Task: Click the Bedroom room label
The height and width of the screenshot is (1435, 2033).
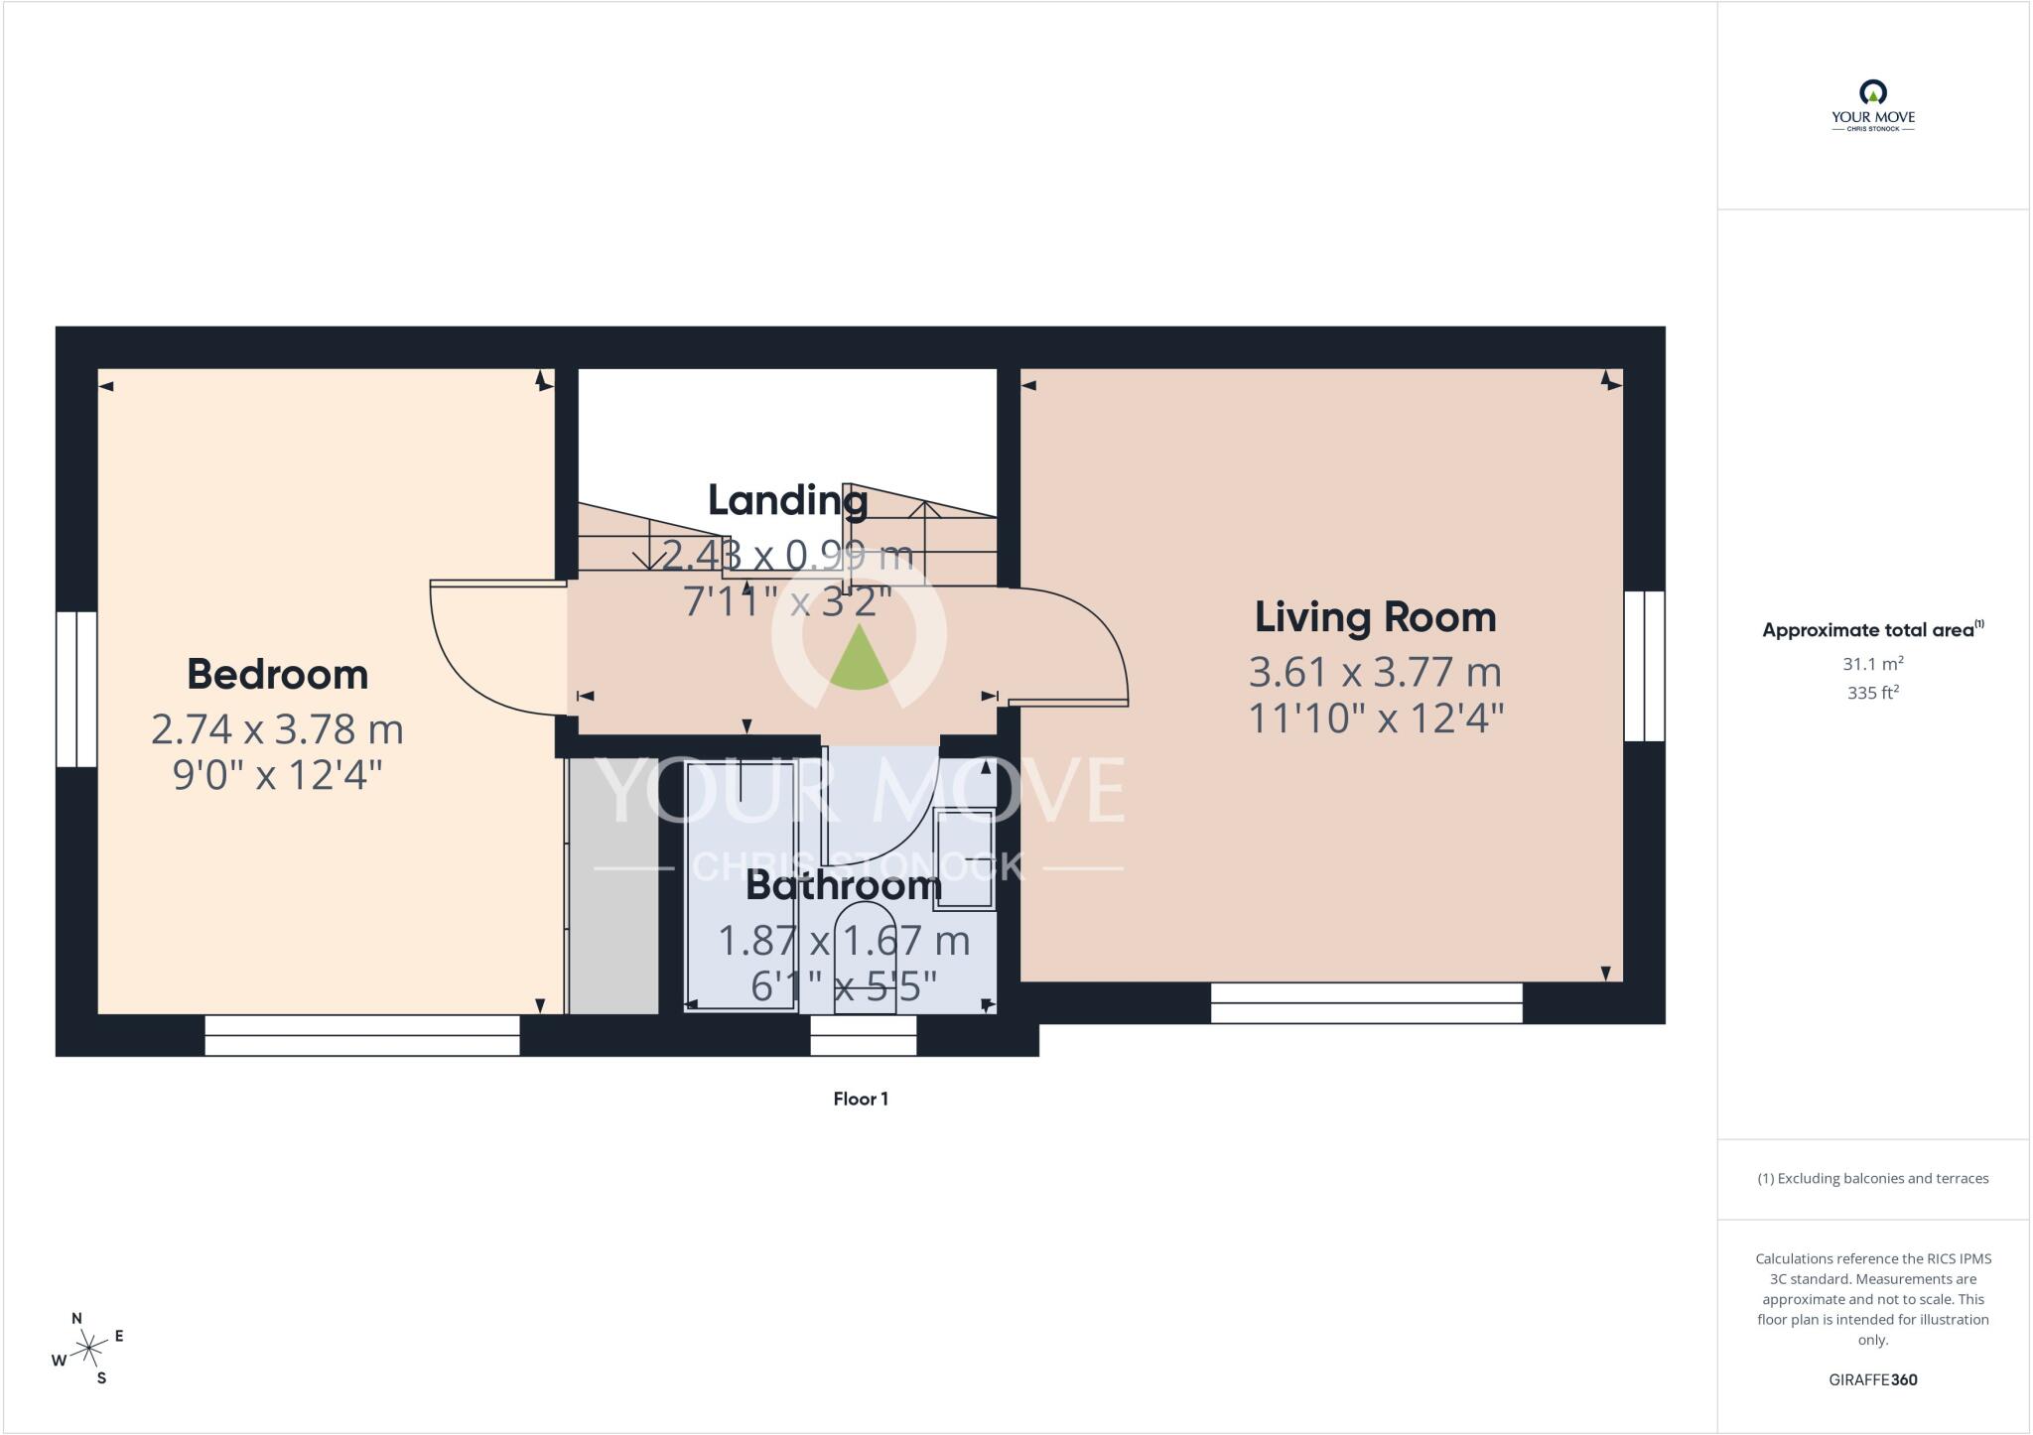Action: tap(278, 675)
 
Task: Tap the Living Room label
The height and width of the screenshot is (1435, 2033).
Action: tap(1376, 617)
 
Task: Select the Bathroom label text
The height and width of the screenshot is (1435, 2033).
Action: tap(844, 885)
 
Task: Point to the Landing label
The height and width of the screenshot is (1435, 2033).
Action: tap(788, 501)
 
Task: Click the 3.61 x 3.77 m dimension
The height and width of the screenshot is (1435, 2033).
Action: tap(1376, 673)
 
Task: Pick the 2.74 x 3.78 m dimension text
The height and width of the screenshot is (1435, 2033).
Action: tap(278, 729)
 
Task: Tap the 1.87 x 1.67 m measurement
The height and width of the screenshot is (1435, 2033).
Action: tap(844, 941)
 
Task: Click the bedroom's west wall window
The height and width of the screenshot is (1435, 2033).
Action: tap(76, 689)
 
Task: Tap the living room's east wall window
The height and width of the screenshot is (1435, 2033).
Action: tap(1644, 666)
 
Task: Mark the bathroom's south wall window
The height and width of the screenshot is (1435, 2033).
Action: tap(864, 1035)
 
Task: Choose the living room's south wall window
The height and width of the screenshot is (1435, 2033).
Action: tap(1367, 1002)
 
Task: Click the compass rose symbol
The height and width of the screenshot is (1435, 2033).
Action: tap(88, 1348)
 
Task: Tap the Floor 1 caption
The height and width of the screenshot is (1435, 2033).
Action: tap(861, 1099)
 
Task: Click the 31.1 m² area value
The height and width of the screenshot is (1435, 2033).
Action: tap(1873, 664)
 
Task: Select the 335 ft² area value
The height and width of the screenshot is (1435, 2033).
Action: tap(1873, 693)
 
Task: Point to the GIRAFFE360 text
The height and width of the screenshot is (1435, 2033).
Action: tap(1873, 1379)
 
